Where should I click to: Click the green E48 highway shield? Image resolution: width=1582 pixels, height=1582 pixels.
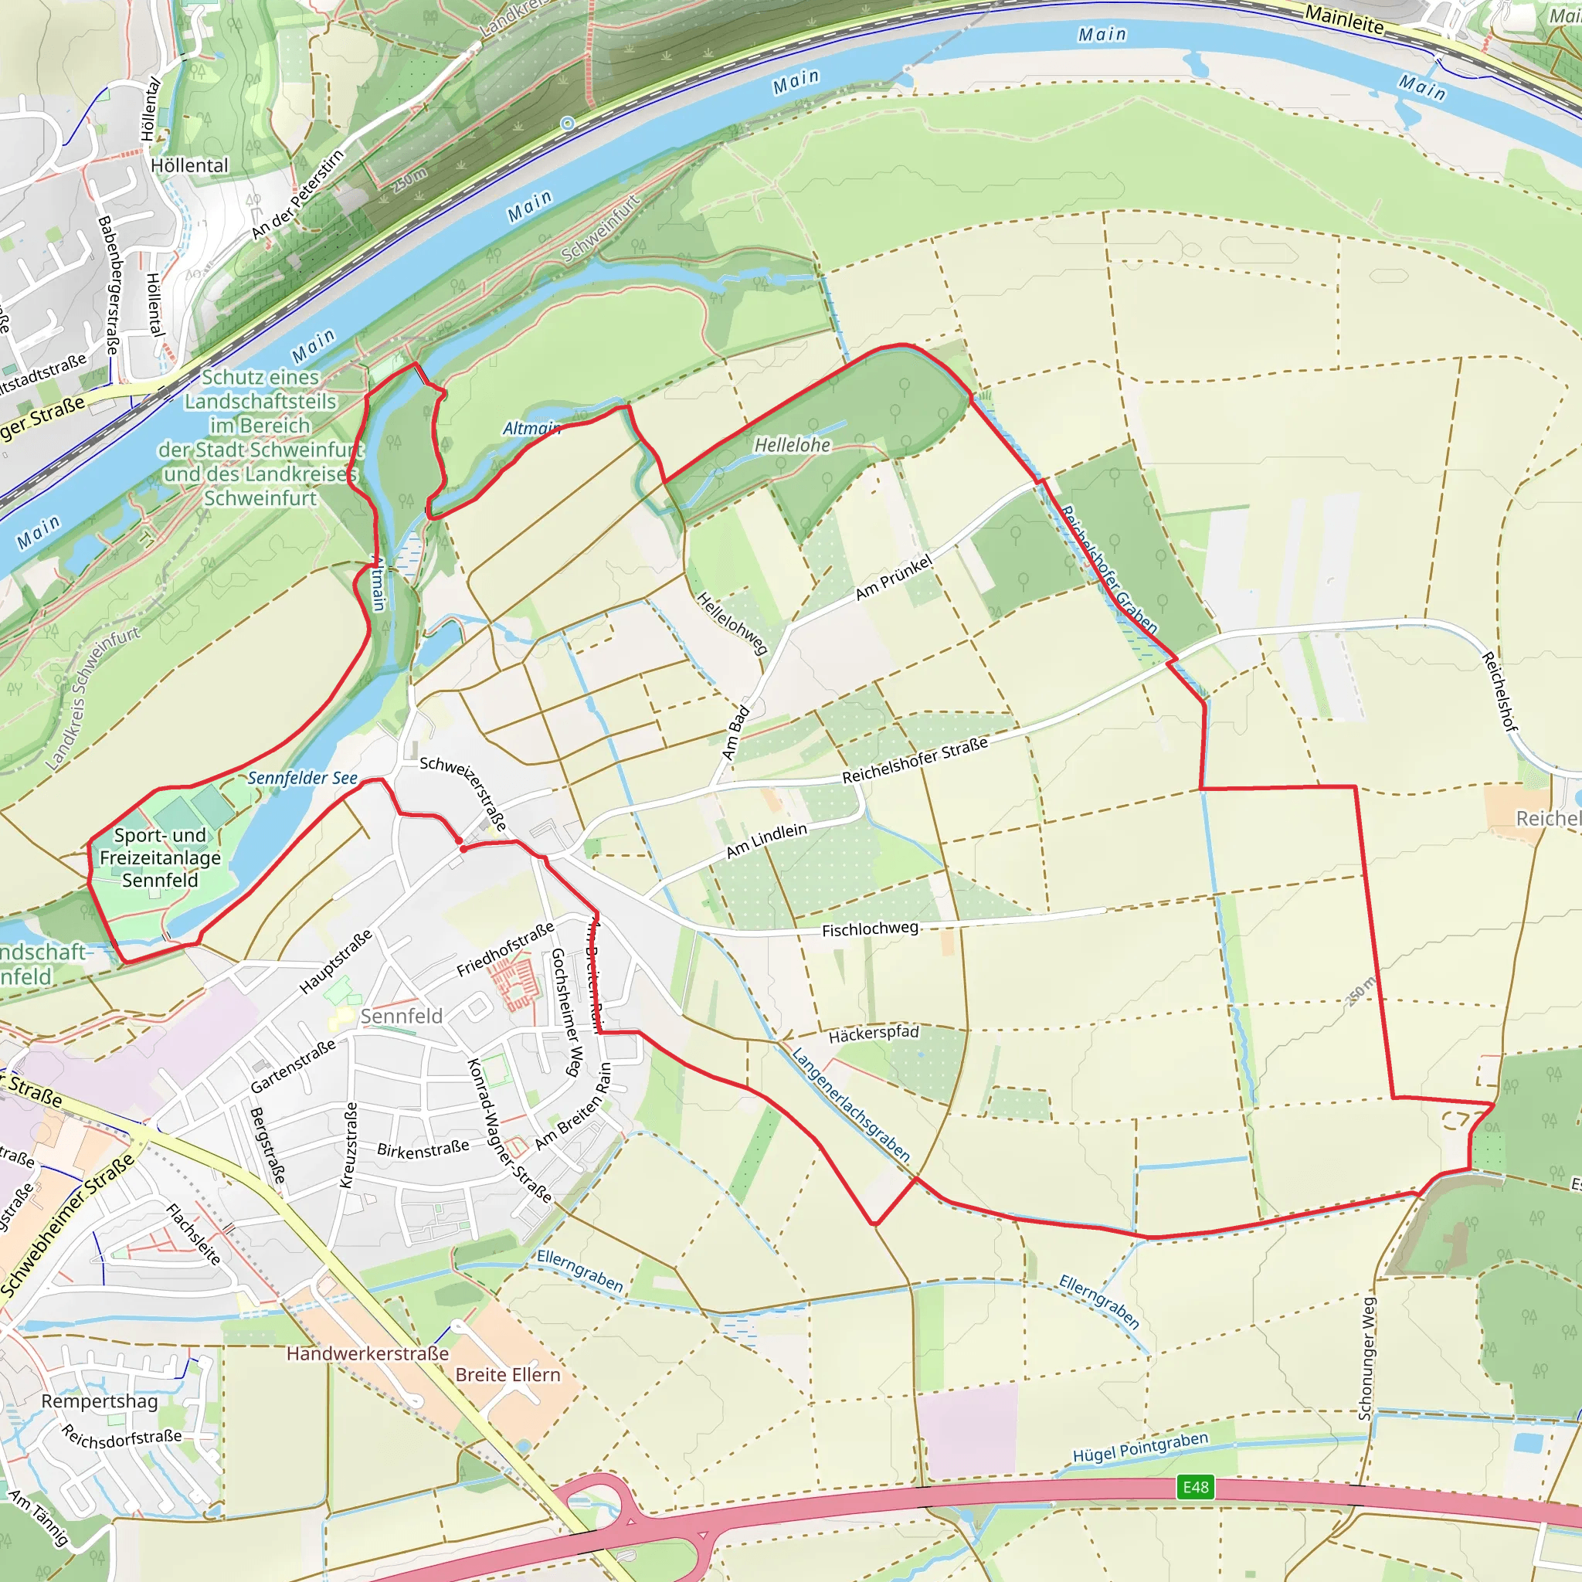[1195, 1488]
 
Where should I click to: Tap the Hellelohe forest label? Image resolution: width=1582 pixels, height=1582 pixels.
[792, 446]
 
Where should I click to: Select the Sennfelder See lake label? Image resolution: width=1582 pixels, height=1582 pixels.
[302, 778]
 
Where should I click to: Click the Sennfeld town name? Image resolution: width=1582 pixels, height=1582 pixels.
[401, 1017]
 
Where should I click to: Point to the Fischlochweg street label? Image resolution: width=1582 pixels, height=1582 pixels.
[870, 929]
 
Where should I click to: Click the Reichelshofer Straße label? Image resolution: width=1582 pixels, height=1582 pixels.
[915, 760]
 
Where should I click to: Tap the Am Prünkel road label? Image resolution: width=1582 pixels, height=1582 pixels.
[894, 576]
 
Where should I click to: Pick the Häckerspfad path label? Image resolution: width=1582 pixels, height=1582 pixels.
[873, 1034]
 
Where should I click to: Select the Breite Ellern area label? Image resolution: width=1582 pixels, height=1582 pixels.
[508, 1375]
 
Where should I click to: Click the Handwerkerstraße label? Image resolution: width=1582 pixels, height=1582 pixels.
[368, 1353]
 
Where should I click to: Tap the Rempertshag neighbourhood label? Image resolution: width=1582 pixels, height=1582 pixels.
[99, 1401]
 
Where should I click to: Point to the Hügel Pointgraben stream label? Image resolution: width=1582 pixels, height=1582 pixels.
[1140, 1448]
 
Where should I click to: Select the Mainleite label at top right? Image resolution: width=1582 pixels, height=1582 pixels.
[1344, 19]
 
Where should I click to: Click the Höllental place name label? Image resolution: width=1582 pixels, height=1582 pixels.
[189, 165]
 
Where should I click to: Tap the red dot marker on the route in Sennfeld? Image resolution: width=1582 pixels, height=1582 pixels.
[463, 849]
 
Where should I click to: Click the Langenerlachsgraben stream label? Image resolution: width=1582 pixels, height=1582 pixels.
[850, 1104]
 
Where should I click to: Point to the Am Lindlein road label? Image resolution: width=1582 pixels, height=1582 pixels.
[766, 842]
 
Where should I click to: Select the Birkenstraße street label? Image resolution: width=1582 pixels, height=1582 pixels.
[423, 1149]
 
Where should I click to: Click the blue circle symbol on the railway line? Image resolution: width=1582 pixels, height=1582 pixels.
[568, 123]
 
